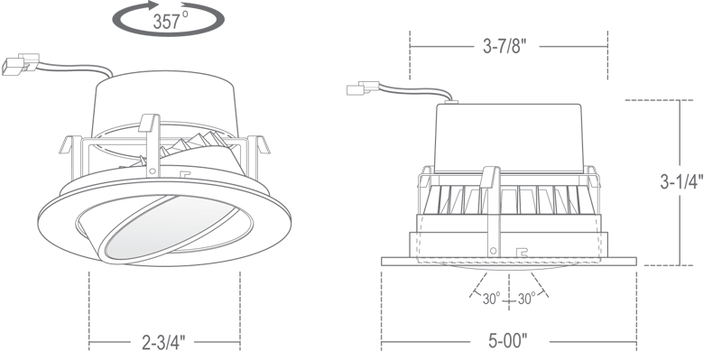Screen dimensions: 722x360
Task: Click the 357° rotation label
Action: point(171,21)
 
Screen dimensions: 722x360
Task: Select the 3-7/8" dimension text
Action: point(504,46)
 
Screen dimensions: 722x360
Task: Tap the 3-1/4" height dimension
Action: point(682,182)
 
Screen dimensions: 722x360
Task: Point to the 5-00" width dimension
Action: point(507,341)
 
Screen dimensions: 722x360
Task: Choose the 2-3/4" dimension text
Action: point(163,342)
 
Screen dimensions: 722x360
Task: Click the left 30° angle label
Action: point(491,299)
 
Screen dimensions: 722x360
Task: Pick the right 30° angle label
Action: point(526,299)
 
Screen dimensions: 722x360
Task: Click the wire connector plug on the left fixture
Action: point(20,64)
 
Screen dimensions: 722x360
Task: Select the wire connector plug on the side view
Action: point(363,88)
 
